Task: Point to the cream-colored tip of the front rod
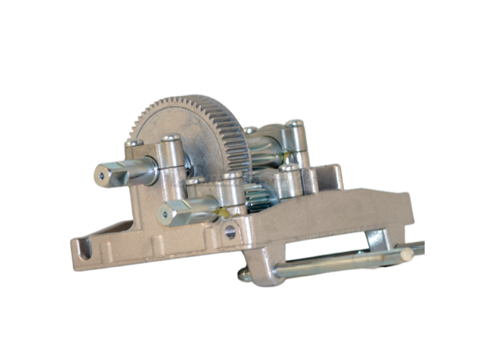point(407,253)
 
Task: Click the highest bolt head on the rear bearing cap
point(294,123)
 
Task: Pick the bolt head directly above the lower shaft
point(233,176)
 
